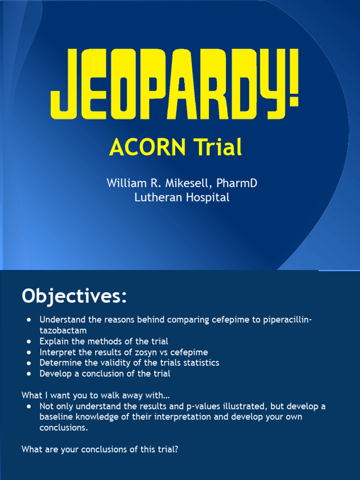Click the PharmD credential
[x=237, y=183]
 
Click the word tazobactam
[x=63, y=330]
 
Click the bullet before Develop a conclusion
[x=30, y=374]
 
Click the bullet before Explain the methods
[x=30, y=341]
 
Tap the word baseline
[x=57, y=417]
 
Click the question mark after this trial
[x=176, y=449]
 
